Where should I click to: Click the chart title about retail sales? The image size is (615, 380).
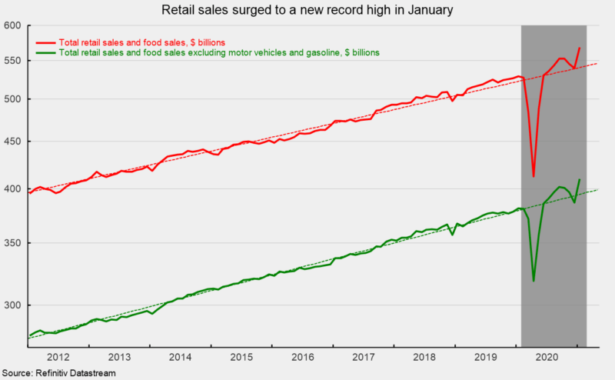[307, 11]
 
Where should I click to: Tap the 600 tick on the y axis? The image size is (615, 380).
[12, 26]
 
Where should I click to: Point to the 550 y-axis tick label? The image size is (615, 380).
[12, 60]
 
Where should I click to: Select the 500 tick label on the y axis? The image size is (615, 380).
[12, 99]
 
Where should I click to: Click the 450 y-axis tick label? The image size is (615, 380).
[12, 142]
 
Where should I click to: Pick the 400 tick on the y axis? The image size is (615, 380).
[12, 189]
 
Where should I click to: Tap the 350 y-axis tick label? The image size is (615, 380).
[12, 243]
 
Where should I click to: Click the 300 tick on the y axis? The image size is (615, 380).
[12, 305]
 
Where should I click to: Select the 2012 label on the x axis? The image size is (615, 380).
[58, 358]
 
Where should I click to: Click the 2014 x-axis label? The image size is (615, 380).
[181, 358]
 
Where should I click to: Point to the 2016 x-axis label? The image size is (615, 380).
[304, 358]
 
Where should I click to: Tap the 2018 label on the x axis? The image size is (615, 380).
[426, 358]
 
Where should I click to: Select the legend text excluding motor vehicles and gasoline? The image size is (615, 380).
[220, 52]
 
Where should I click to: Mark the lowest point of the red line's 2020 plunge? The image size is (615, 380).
[534, 176]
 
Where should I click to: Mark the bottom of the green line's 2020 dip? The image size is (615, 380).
[534, 281]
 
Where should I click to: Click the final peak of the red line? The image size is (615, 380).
[580, 48]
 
